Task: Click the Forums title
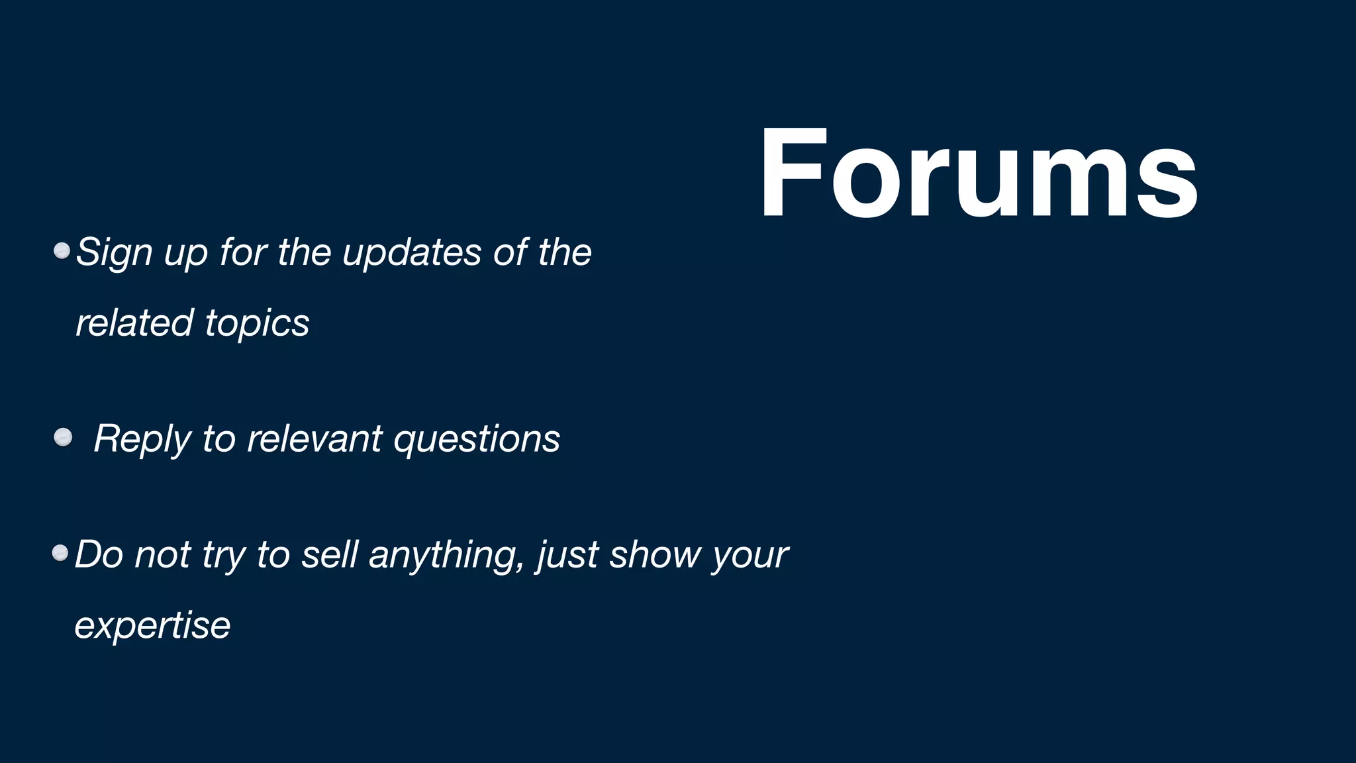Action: point(978,174)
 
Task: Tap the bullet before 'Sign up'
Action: point(62,251)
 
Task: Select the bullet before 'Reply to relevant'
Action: point(63,437)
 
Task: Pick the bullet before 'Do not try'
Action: point(60,553)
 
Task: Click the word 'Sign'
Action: point(114,253)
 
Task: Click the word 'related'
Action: point(134,323)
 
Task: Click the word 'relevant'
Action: point(315,438)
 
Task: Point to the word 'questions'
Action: point(477,440)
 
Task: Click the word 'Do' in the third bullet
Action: point(99,554)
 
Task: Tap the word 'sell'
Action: point(330,554)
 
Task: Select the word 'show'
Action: point(655,554)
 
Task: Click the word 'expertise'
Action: point(152,625)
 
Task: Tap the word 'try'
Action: point(223,556)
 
